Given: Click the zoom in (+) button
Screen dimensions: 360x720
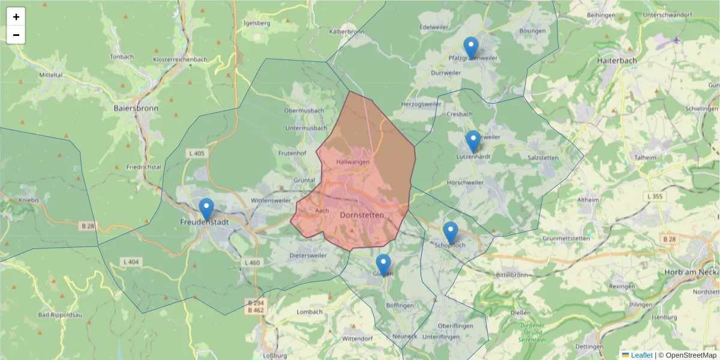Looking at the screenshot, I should click(16, 17).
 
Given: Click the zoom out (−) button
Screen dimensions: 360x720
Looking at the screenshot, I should click(16, 35).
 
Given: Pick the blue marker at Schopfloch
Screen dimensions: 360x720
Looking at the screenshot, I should click(450, 233).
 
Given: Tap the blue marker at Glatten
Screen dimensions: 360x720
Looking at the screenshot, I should click(383, 265).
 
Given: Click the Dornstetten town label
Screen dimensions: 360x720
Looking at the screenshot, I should click(361, 214).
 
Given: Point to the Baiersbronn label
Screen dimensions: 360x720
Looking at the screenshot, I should click(135, 109).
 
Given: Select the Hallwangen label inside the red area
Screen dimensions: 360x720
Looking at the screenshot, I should click(353, 162).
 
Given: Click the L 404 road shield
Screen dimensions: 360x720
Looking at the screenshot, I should click(130, 262).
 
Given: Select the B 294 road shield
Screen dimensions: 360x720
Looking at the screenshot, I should click(255, 303).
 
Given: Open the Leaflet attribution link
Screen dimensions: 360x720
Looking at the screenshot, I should click(641, 355).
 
